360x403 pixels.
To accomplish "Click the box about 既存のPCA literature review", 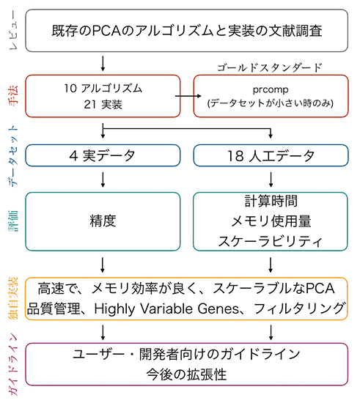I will click(186, 32).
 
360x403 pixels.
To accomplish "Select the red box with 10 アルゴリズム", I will click(103, 96).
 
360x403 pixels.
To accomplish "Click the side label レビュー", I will click(11, 32).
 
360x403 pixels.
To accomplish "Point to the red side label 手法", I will click(11, 96).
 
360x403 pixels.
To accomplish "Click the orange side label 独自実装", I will click(11, 299).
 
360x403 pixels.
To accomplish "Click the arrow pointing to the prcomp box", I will click(187, 96).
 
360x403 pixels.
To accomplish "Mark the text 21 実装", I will click(103, 105).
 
